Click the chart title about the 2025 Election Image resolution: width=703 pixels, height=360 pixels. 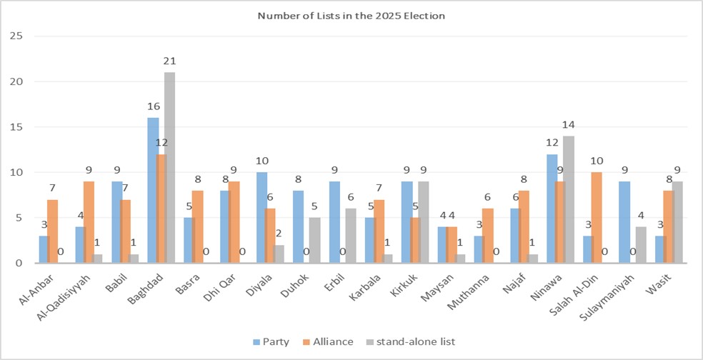point(351,14)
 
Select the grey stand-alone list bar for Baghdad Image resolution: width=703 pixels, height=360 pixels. point(169,168)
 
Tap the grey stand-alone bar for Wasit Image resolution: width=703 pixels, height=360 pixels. point(677,222)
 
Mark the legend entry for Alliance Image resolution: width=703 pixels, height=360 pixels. point(329,341)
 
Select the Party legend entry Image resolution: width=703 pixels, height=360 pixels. point(271,341)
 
